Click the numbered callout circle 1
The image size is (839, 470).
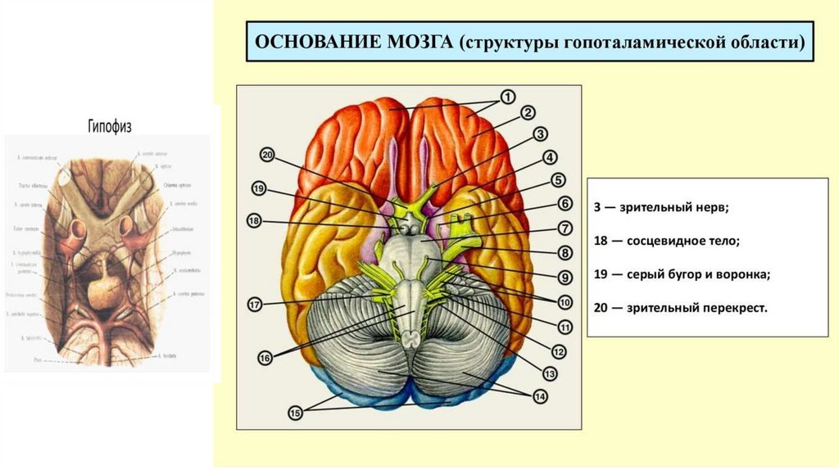click(508, 97)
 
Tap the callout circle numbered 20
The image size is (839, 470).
click(268, 155)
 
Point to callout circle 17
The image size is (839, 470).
click(255, 305)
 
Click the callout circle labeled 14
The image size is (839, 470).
click(540, 396)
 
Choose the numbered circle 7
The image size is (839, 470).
click(565, 228)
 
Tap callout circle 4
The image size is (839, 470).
click(549, 157)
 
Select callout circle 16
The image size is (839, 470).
click(265, 357)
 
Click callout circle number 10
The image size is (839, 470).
click(565, 302)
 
